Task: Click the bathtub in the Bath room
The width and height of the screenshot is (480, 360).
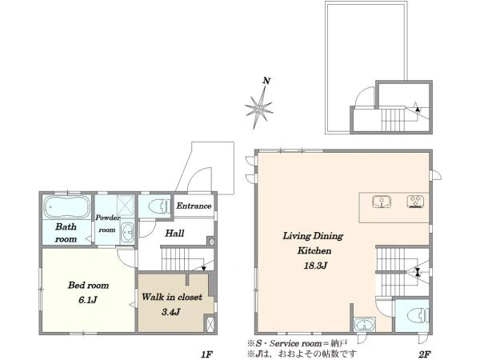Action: [67, 206]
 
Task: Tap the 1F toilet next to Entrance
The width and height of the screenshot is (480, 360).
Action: [159, 206]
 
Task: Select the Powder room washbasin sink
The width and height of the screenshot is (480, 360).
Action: [127, 232]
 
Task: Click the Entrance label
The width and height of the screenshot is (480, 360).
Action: [194, 206]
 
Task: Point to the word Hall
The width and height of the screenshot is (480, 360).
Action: [174, 234]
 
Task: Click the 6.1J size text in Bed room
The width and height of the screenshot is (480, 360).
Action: [88, 300]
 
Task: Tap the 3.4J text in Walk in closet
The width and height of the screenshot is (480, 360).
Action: [171, 312]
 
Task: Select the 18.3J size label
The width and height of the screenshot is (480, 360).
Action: [316, 266]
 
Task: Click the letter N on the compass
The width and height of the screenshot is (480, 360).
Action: [266, 81]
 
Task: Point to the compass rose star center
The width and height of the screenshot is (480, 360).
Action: [259, 107]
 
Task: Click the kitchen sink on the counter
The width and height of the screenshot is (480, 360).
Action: [382, 202]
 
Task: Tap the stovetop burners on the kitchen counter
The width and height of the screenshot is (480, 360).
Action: [415, 202]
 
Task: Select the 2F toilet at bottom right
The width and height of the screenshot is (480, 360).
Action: [418, 316]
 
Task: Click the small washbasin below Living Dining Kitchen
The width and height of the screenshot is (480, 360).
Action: [364, 325]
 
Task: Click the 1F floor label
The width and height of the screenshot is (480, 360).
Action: [206, 354]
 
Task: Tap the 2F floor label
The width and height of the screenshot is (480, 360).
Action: [425, 354]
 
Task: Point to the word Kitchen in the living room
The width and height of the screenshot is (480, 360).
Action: [314, 250]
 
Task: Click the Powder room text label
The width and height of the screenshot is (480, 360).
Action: [107, 224]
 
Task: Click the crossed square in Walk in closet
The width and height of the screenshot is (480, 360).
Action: [210, 323]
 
